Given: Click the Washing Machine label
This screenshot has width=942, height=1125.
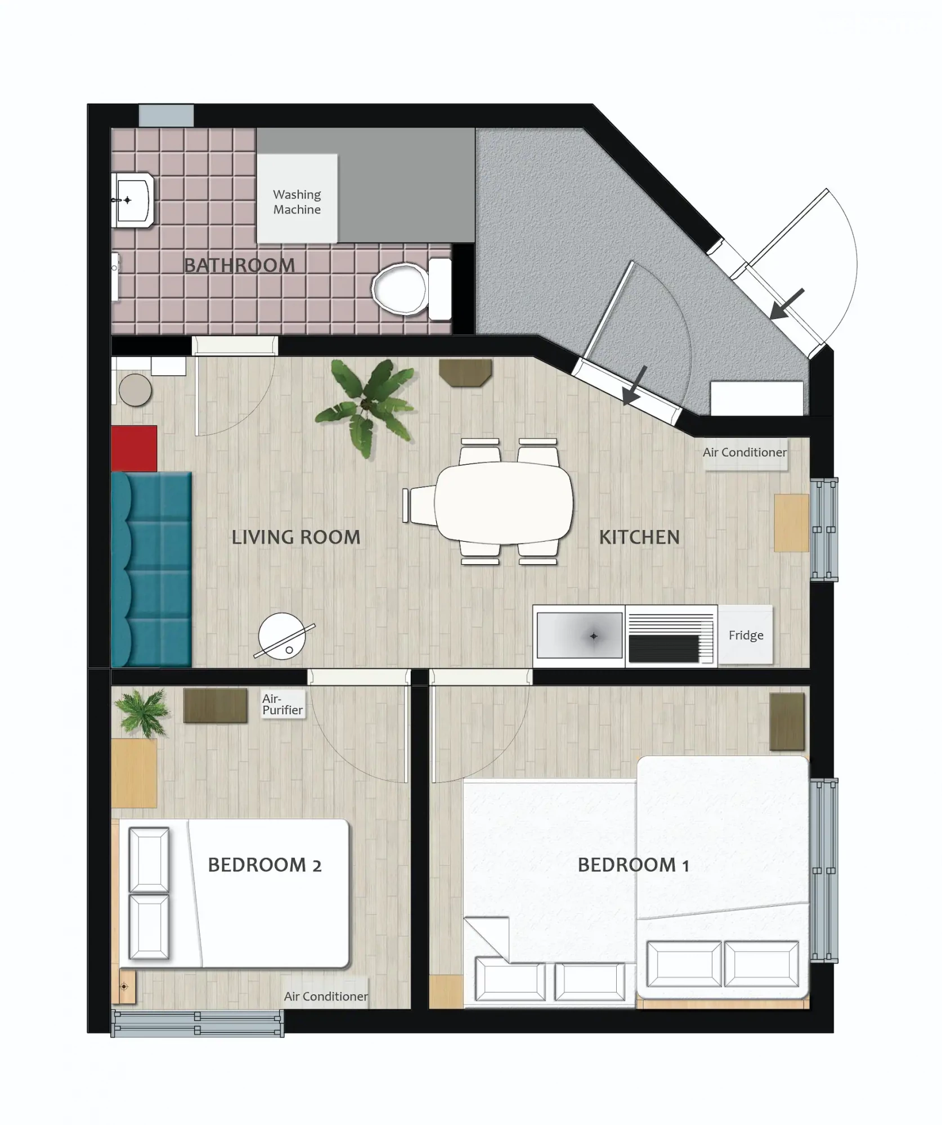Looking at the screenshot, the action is point(297,202).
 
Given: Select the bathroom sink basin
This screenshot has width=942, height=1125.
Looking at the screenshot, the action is point(133,200).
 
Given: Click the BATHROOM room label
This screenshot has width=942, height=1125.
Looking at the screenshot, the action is point(240,265).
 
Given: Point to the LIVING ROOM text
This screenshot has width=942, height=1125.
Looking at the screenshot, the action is point(296,537).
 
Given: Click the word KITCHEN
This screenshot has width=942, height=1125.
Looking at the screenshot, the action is point(639,537).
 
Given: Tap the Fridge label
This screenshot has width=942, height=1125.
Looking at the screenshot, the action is point(746,635).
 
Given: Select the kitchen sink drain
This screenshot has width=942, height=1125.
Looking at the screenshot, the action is point(593,636).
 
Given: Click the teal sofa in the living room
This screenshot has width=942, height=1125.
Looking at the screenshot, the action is point(151,569).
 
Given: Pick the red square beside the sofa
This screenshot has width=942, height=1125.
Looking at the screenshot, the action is point(134,448).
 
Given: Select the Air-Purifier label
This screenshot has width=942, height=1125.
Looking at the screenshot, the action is point(282,704).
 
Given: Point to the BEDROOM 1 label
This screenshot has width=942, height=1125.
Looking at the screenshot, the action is point(633,865).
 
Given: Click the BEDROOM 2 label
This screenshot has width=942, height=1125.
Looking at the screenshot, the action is point(264,865).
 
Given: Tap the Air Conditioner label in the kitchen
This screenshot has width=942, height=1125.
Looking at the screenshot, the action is point(744,452).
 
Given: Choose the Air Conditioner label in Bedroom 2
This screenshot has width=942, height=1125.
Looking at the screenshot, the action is point(326,996).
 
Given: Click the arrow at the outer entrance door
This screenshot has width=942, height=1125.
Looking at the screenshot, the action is point(787,304).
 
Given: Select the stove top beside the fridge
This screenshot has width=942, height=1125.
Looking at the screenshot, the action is point(671,636).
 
